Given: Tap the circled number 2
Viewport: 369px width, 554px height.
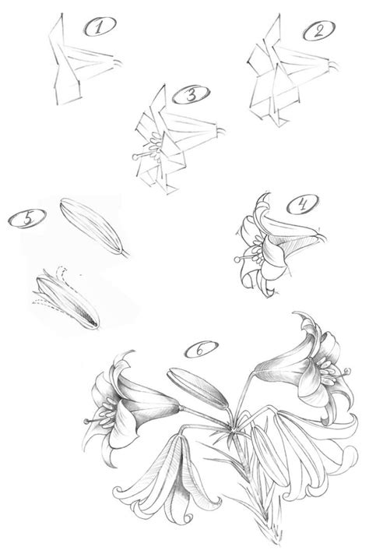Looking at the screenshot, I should [315, 33].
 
